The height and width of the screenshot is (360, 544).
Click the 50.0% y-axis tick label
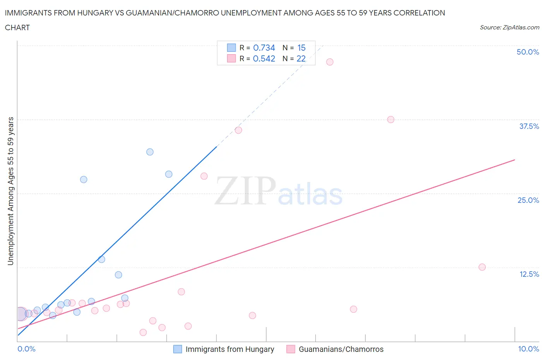tap(528, 52)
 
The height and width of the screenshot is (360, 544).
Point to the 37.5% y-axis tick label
tap(529, 126)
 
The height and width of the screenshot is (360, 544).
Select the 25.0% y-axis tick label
tap(528, 200)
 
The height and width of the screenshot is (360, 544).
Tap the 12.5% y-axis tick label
tap(529, 274)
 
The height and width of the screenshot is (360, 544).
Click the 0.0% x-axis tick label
tap(26, 349)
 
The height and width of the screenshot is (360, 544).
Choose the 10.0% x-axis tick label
tap(528, 349)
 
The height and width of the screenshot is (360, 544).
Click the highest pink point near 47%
tap(330, 62)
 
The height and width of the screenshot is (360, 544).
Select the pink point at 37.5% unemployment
tap(391, 120)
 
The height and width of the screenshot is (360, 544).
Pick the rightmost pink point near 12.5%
tap(482, 267)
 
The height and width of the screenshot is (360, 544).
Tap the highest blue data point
tap(150, 152)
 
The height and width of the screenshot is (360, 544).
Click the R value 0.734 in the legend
tap(264, 48)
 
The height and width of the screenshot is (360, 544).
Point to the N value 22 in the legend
tap(301, 58)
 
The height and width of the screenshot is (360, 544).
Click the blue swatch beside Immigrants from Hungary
tap(178, 349)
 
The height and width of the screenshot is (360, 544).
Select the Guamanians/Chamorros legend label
tap(341, 349)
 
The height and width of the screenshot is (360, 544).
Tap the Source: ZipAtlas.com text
tap(509, 27)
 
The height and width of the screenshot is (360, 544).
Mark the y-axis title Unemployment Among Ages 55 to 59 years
tap(10, 191)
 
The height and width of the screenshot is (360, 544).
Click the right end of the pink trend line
tap(515, 159)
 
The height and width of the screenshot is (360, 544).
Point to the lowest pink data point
tap(143, 332)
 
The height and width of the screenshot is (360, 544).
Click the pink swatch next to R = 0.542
tap(231, 58)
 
